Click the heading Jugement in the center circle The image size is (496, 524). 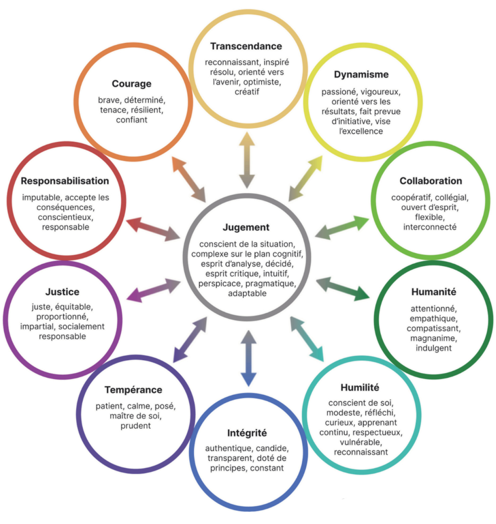(x=246, y=227)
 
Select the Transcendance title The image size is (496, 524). (x=246, y=46)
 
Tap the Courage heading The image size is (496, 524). (x=131, y=84)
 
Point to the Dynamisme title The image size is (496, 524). (x=361, y=75)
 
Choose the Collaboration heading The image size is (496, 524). (x=431, y=181)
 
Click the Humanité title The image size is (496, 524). (x=434, y=292)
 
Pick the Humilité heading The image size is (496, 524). (x=360, y=387)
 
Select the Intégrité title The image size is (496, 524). (x=247, y=433)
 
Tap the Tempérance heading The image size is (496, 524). (x=133, y=390)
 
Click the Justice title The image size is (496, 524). (x=62, y=292)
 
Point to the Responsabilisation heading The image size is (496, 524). (x=65, y=181)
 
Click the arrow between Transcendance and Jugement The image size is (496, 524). (x=247, y=160)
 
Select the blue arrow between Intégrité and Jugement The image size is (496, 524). (x=248, y=358)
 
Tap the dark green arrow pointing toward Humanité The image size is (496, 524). (x=343, y=289)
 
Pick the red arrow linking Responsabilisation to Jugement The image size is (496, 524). (x=153, y=229)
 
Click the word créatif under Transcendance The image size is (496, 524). (x=247, y=92)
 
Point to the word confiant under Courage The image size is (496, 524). (x=131, y=120)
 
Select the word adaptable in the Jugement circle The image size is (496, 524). (x=247, y=293)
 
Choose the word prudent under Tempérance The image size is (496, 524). (x=135, y=426)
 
